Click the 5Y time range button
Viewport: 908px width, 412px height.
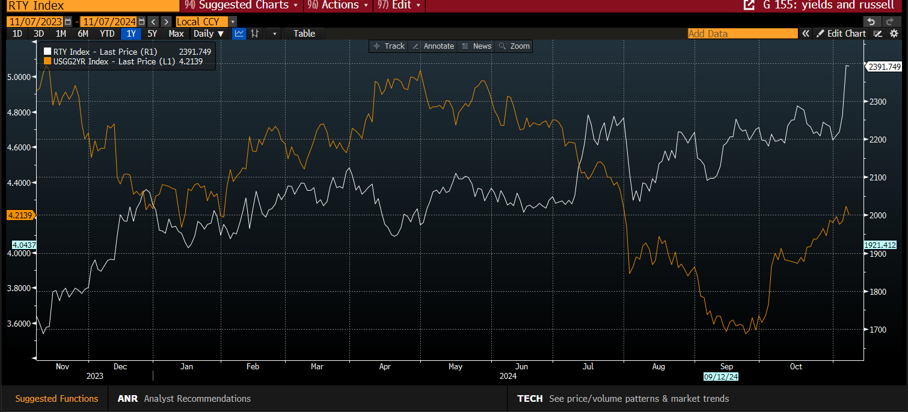click(152, 34)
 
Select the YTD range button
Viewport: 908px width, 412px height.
click(107, 34)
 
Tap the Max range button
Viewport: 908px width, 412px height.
click(176, 34)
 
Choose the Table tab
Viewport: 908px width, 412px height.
click(304, 34)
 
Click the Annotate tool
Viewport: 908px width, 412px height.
click(433, 46)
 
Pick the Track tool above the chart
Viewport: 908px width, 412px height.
click(389, 46)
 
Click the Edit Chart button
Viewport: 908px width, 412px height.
click(841, 34)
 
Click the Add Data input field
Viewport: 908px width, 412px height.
click(742, 34)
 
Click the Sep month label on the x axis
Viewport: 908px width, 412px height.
click(726, 366)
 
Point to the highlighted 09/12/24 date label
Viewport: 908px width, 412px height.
click(720, 377)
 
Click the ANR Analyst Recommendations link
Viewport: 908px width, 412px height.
click(184, 399)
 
